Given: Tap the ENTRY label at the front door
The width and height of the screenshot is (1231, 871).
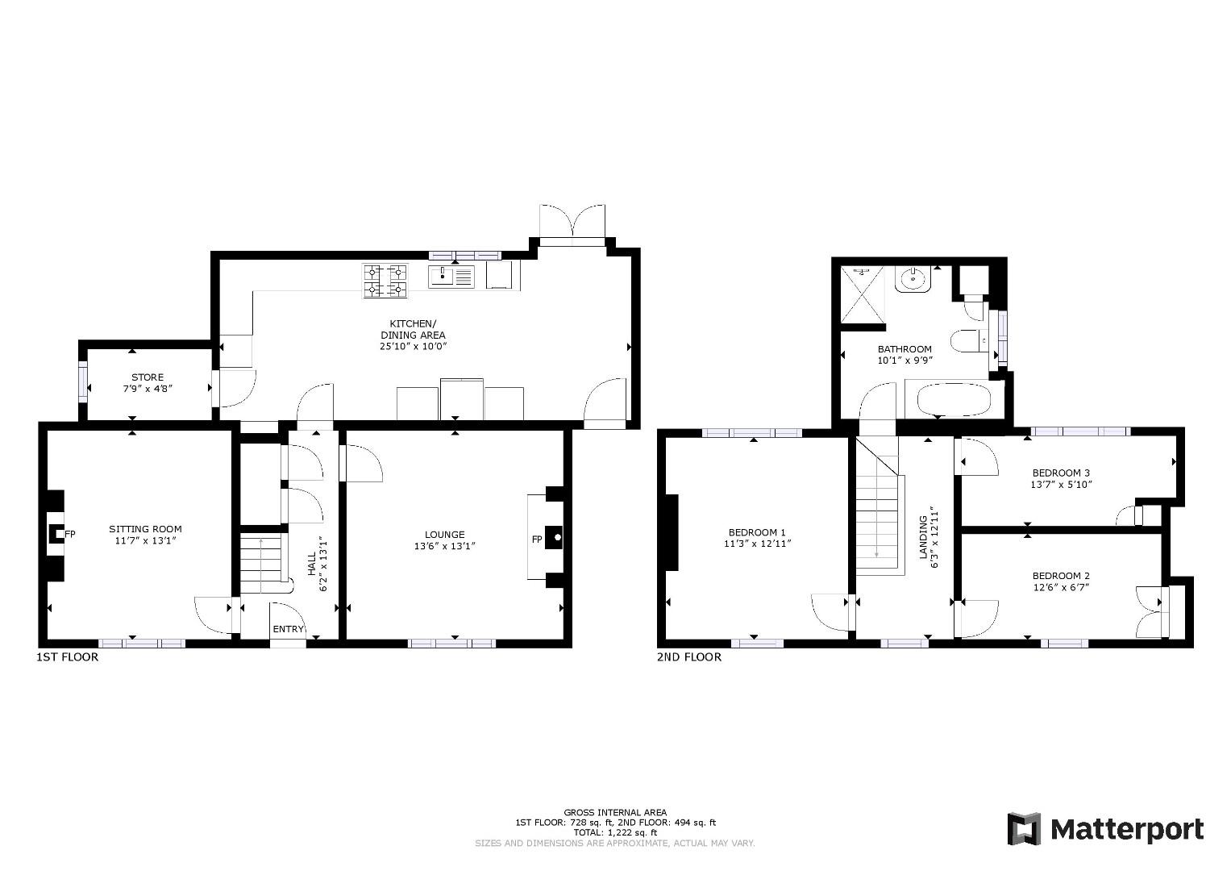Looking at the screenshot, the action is click(x=288, y=629).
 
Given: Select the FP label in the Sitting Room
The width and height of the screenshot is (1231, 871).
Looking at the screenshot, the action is click(x=70, y=533).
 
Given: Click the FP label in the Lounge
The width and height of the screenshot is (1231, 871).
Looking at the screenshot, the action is click(x=537, y=540).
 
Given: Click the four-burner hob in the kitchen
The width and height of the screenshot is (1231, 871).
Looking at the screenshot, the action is click(x=385, y=281).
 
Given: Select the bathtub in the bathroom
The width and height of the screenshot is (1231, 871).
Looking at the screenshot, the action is click(x=954, y=400).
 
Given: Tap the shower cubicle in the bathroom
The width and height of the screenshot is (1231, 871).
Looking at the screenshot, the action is click(x=863, y=294).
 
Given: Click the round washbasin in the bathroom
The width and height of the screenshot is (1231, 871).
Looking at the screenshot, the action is click(x=913, y=279).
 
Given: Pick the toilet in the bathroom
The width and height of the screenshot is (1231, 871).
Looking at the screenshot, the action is click(x=970, y=341).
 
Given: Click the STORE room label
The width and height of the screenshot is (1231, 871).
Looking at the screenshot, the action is click(x=148, y=377).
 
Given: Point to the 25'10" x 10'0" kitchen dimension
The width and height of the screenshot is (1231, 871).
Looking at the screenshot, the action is click(x=414, y=347).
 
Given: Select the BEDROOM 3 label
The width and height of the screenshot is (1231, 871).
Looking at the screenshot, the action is click(x=1061, y=473).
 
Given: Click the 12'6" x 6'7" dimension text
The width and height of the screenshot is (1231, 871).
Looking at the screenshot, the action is click(x=1061, y=587).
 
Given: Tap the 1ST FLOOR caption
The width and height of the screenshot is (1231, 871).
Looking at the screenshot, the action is click(x=67, y=657).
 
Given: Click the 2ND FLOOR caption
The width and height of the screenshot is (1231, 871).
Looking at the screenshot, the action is click(x=689, y=657).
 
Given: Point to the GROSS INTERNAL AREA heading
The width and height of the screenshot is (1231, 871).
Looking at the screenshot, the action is click(x=615, y=812).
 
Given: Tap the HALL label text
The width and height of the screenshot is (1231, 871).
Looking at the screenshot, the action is click(x=312, y=564).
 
